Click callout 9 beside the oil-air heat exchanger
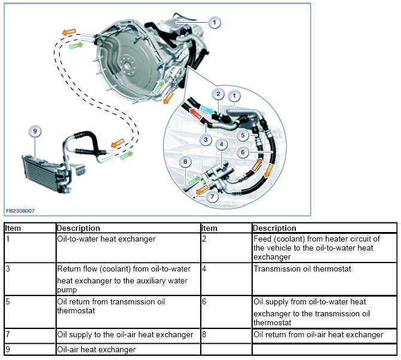(35, 131)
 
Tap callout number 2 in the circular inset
(219, 94)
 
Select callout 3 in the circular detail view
(205, 140)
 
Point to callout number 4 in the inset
(222, 144)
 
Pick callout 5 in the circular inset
(243, 136)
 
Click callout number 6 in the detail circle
(243, 153)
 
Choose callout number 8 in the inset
(186, 161)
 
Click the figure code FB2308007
(20, 210)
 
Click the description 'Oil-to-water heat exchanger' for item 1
(106, 239)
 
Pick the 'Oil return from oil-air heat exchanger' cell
(318, 335)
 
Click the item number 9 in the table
(8, 349)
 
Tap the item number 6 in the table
(204, 302)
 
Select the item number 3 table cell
(8, 269)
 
